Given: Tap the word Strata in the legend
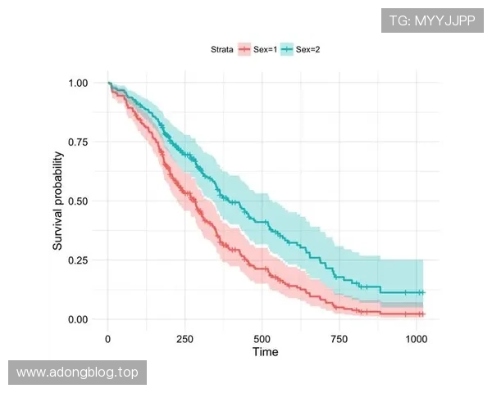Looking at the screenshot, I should point(221,50).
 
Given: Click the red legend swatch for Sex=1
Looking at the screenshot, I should point(245,50).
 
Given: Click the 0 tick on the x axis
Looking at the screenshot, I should point(108,338).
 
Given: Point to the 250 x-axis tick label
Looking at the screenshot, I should point(185,338).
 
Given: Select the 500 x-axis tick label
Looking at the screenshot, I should point(262,338).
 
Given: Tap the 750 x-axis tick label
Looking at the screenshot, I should point(339,338).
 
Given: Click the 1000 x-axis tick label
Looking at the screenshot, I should point(417,338).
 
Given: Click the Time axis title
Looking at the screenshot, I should point(264,352).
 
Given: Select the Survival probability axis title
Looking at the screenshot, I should point(58,201).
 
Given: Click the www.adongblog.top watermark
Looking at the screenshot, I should point(77,373).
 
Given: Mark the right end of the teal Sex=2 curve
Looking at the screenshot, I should point(423,292).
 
